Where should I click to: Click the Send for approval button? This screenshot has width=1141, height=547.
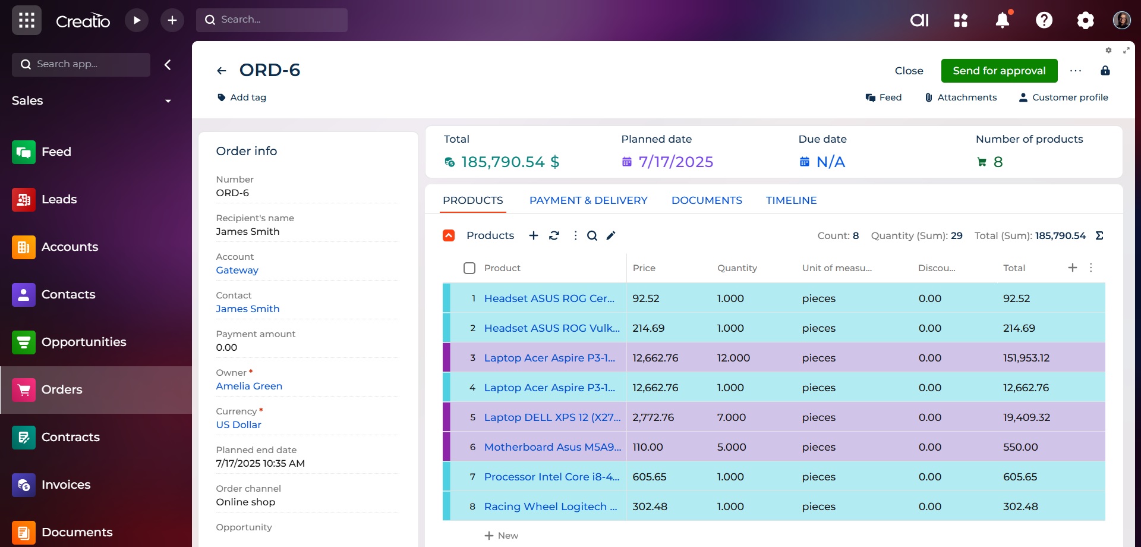999,71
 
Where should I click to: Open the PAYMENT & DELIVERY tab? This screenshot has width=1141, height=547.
588,200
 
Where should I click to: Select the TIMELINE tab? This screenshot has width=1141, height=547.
791,200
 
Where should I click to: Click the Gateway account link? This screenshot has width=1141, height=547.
237,271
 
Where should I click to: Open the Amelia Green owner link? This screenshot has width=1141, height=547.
249,386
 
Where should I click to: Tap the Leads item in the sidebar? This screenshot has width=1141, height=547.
59,199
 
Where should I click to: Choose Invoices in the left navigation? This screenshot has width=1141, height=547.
65,485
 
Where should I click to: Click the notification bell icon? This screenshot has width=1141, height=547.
1003,20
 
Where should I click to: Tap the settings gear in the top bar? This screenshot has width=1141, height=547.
1085,20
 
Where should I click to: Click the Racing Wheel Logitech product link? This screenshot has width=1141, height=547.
550,507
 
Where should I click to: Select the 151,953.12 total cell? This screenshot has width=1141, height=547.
1026,358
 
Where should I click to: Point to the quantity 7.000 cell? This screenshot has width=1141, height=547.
731,417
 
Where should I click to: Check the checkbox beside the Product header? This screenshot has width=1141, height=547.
469,268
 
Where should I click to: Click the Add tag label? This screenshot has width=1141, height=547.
248,98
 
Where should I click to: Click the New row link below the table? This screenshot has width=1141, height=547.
502,536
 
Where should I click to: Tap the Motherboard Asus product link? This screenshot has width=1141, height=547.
552,447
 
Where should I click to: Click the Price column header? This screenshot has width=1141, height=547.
644,268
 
